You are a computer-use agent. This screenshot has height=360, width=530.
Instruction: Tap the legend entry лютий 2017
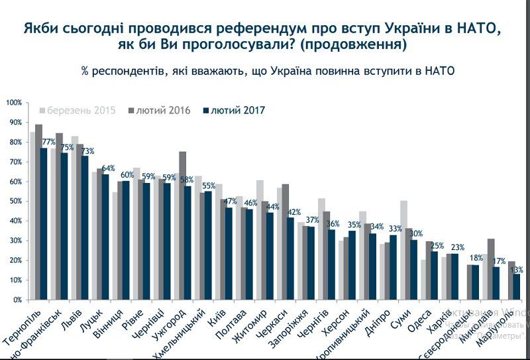tap(233, 111)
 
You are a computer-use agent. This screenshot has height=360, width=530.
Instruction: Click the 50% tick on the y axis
tap(15, 202)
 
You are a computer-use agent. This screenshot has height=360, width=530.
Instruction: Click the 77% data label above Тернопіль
tap(48, 142)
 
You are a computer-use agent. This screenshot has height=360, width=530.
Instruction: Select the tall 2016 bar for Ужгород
tap(182, 225)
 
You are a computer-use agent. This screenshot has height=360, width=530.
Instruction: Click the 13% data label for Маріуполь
tap(517, 269)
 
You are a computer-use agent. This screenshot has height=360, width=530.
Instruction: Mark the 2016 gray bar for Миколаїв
tap(490, 269)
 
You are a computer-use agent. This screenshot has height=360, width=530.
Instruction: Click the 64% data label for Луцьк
tap(108, 168)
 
